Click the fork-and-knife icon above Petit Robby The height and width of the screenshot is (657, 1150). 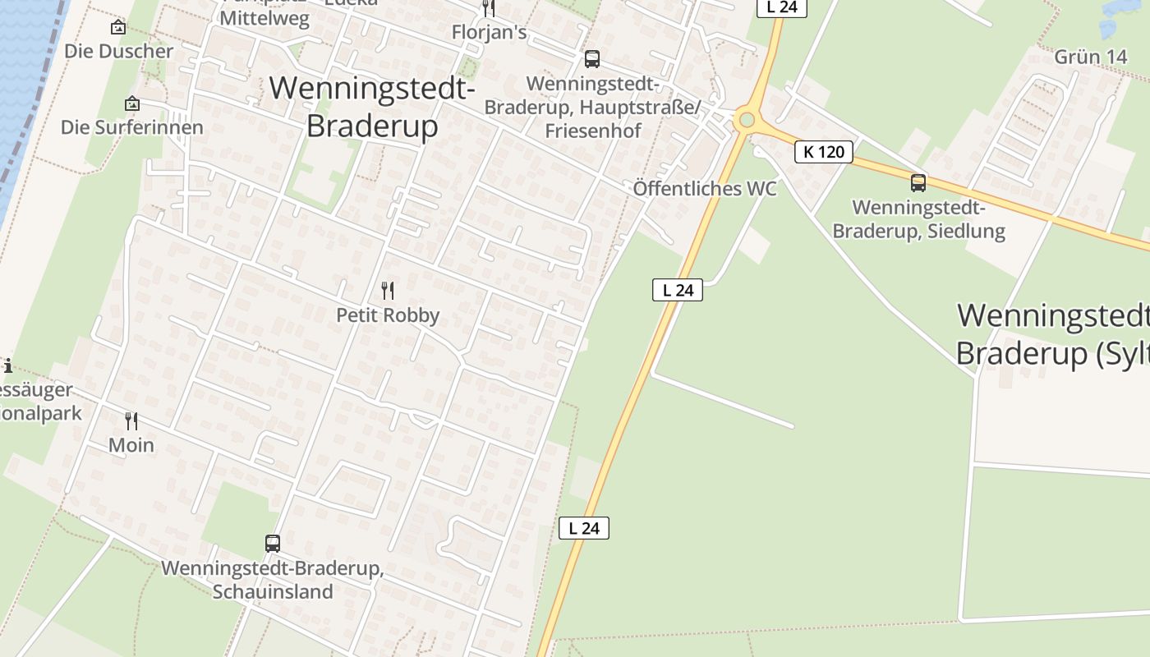pos(388,290)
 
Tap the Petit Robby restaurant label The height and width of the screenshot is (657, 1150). pos(388,315)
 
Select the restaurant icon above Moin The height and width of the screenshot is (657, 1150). pos(131,421)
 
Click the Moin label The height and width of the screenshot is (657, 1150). pos(131,445)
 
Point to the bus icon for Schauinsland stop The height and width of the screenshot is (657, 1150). pos(273,543)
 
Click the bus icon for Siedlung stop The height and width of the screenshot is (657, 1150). pos(918,183)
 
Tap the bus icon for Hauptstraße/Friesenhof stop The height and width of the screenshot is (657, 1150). pos(591,59)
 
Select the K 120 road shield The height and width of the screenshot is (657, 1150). pos(824,152)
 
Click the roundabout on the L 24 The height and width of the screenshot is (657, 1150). pos(746,121)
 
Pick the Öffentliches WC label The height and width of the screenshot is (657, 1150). pos(705,189)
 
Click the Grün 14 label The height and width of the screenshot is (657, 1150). pos(1090,57)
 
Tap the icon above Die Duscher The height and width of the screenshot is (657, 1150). pos(118,27)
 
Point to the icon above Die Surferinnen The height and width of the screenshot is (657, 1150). pos(131,103)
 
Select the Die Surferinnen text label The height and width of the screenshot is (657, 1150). pos(131,127)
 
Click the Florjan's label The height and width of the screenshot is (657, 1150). pos(489,32)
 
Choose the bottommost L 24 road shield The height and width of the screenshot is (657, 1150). pos(584,528)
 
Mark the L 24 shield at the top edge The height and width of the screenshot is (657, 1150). pos(781,7)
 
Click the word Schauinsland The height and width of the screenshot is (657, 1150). pos(273,591)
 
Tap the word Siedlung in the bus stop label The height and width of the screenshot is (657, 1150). pos(964,231)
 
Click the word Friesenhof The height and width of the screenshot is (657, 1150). pos(592,131)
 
